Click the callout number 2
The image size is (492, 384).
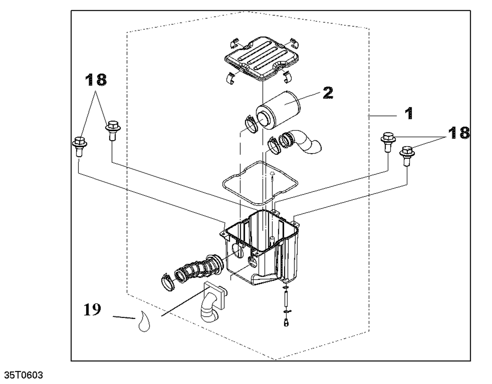328,93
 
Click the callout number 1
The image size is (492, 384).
409,114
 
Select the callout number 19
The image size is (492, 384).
92,310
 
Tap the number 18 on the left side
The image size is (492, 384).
96,80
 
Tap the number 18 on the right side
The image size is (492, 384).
459,133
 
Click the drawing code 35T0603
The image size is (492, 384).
23,375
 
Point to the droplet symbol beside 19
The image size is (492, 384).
144,321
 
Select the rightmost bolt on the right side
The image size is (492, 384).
407,155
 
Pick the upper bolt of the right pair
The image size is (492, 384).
388,141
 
